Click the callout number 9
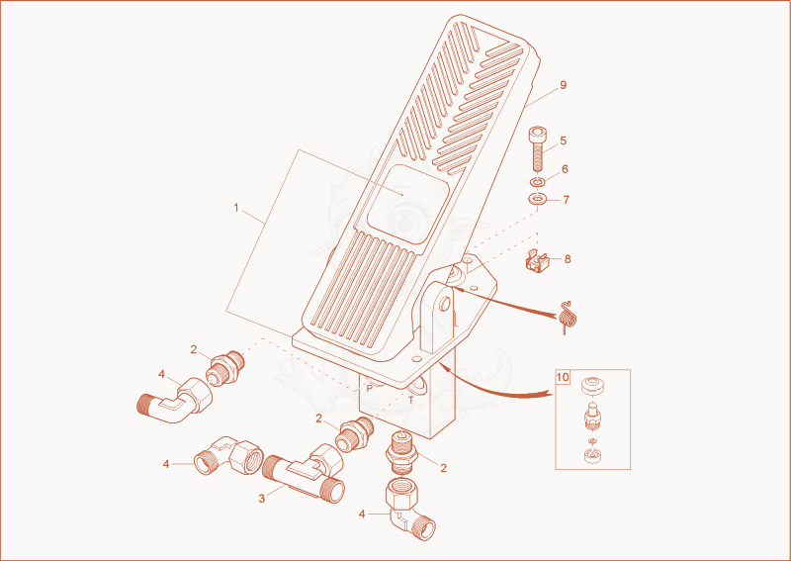(563, 85)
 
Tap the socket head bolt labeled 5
(537, 150)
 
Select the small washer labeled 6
(537, 181)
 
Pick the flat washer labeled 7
(538, 199)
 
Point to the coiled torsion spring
(569, 317)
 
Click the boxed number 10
(563, 377)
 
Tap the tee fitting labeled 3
(305, 475)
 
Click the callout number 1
(236, 208)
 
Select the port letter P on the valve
(369, 389)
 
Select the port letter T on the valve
(411, 400)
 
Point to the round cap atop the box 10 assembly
(591, 387)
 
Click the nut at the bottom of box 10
(591, 456)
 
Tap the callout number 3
(261, 499)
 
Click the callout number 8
(568, 259)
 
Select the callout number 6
(565, 169)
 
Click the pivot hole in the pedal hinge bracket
(444, 304)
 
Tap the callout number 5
(564, 140)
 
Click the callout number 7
(566, 200)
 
